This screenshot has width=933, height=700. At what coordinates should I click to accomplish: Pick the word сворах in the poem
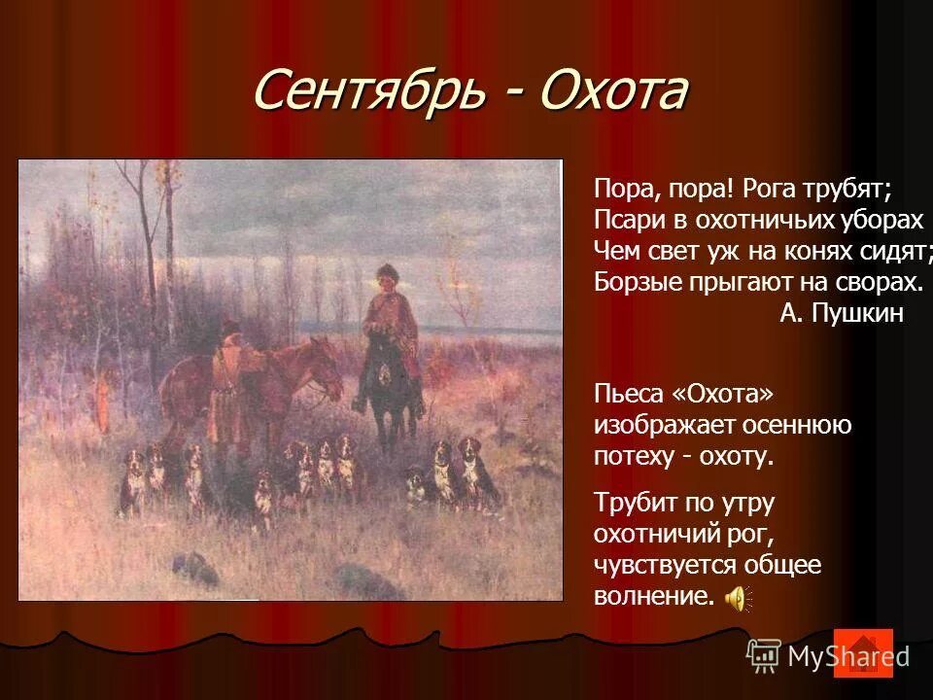click(874, 281)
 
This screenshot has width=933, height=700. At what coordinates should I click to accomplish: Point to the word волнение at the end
click(652, 596)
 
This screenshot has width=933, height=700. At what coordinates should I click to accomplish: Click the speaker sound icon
click(736, 597)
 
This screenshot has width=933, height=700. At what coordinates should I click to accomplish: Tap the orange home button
click(863, 652)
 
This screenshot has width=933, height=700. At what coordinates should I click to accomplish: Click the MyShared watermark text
click(847, 655)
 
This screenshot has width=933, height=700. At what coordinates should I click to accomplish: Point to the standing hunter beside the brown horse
click(229, 389)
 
